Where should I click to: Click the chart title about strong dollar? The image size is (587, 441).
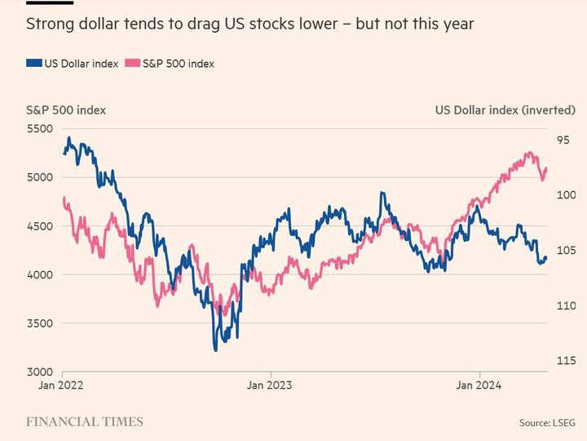[x=250, y=24]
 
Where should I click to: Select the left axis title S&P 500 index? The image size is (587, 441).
[x=66, y=109]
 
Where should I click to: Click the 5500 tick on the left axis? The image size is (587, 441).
[x=39, y=129]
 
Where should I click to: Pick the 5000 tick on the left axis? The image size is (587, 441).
[x=39, y=177]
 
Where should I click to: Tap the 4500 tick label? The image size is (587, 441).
[x=39, y=226]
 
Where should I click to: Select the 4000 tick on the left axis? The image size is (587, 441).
[x=39, y=275]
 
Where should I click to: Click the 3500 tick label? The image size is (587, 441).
[x=39, y=323]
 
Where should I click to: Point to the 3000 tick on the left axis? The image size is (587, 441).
[x=39, y=372]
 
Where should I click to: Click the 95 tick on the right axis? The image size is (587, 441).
[x=563, y=140]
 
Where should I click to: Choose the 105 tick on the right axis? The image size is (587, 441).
[x=566, y=251]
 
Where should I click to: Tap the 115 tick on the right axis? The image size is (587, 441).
[x=566, y=361]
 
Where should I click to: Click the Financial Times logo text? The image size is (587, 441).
[x=85, y=422]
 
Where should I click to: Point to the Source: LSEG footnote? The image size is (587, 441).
[x=547, y=423]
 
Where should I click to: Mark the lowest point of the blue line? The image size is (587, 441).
[x=215, y=350]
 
